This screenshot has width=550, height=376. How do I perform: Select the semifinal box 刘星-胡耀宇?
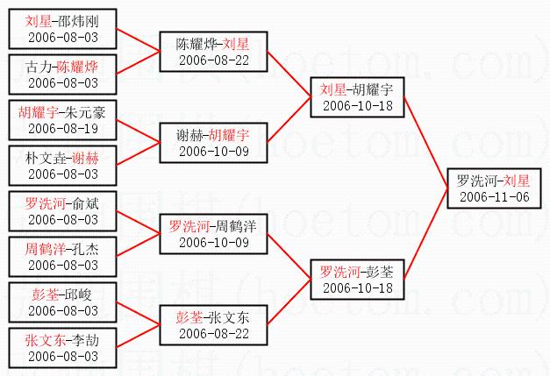coord(355,97)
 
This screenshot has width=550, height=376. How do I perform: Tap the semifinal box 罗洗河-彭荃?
coord(355,280)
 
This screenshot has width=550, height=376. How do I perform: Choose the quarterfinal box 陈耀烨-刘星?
coord(211,52)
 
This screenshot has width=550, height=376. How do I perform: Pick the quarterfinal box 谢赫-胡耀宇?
coord(211,143)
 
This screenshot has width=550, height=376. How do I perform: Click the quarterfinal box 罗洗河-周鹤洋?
coord(211,234)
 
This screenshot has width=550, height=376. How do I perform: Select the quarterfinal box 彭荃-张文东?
coord(211,325)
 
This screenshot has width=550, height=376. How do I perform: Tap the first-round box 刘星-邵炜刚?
coord(62,29)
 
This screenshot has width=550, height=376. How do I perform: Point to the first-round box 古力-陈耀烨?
coord(62,74)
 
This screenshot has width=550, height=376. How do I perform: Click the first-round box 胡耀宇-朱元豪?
coord(62,120)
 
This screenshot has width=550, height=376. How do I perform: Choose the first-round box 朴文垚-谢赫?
coord(62,166)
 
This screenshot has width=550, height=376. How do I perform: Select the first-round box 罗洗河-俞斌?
coord(62,211)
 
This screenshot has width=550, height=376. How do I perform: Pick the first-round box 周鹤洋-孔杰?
coord(62,257)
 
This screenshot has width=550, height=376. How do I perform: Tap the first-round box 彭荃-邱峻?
coord(62,302)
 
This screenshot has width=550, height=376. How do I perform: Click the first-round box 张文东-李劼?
coord(62,348)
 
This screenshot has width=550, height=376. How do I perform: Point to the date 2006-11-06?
coord(493,197)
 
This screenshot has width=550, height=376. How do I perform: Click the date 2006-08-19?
coord(62,128)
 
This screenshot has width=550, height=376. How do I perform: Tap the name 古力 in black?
coord(38,67)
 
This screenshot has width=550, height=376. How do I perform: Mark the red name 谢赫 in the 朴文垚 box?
coord(85,158)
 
